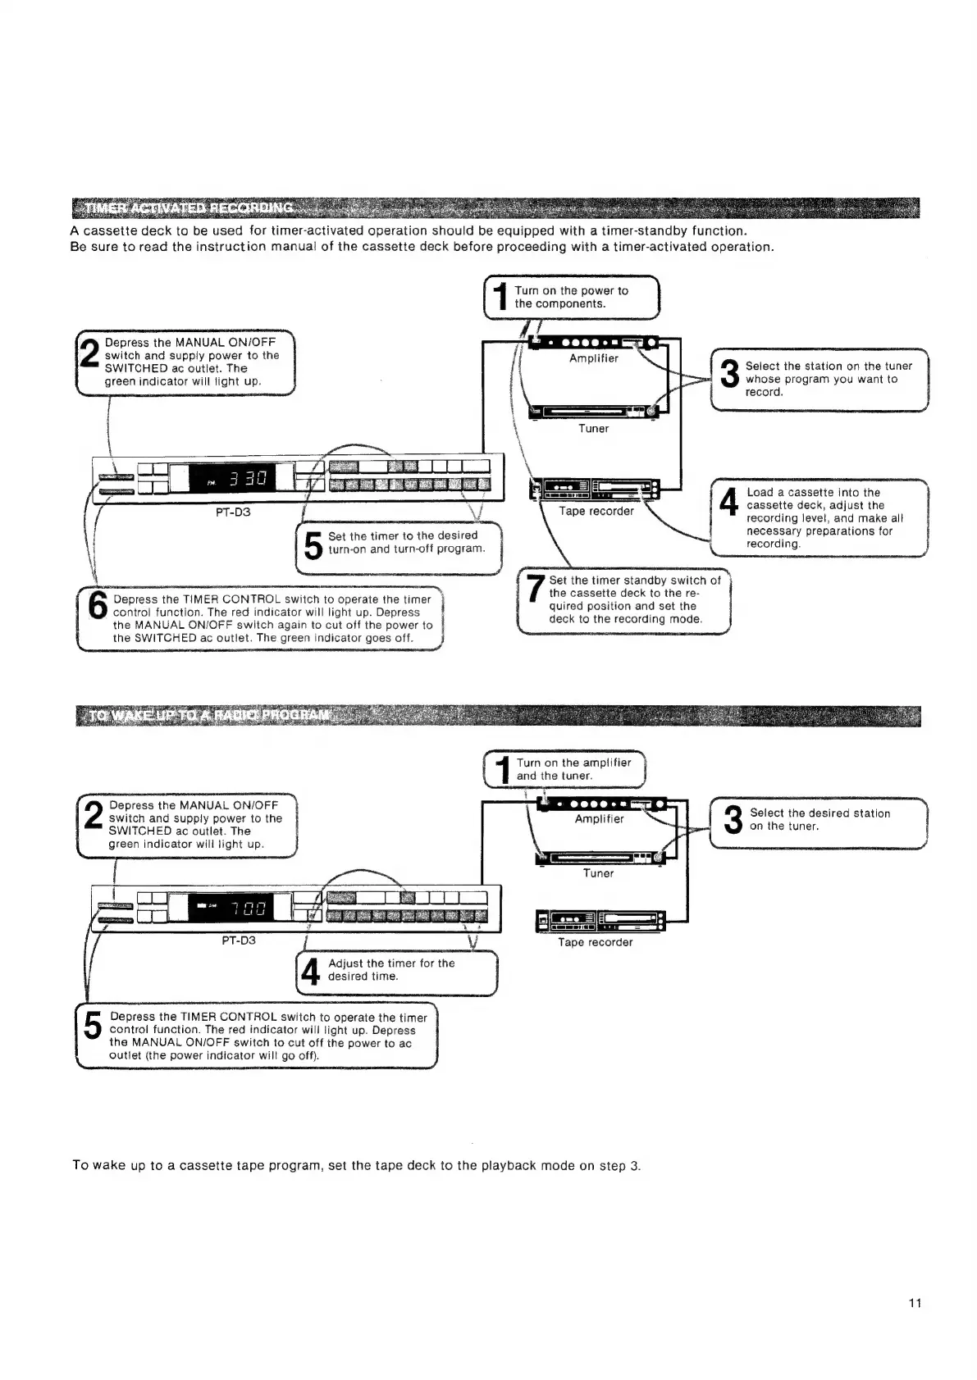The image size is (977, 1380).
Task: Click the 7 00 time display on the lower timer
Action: (247, 908)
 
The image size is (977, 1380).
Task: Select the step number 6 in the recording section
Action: (97, 607)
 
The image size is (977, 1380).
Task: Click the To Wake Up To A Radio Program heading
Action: (209, 715)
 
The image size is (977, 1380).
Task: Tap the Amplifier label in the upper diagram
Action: (594, 358)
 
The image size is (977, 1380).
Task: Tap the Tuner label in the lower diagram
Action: (598, 873)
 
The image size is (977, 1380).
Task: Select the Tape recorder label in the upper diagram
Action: (596, 511)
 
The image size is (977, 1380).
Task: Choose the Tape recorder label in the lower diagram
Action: (596, 942)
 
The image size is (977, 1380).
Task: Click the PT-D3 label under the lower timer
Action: (239, 940)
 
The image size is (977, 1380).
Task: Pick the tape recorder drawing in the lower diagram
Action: (599, 921)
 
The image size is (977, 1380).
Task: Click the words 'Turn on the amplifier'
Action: (573, 763)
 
